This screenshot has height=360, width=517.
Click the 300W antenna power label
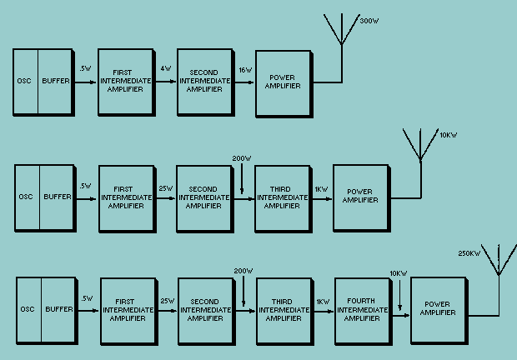(369, 21)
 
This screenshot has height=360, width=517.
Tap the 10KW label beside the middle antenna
(449, 135)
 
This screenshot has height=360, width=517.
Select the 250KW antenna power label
(469, 253)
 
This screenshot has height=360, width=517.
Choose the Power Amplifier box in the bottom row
(439, 310)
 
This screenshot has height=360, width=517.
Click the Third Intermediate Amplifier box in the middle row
(284, 197)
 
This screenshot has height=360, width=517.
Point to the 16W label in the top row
(245, 70)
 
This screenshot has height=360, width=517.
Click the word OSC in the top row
(25, 82)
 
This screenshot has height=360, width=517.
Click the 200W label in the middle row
(242, 157)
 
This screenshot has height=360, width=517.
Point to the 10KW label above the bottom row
(399, 272)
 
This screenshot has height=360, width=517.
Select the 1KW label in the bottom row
(323, 300)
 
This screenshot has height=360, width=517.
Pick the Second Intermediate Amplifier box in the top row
(204, 82)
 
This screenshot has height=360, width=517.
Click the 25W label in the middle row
(165, 187)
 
